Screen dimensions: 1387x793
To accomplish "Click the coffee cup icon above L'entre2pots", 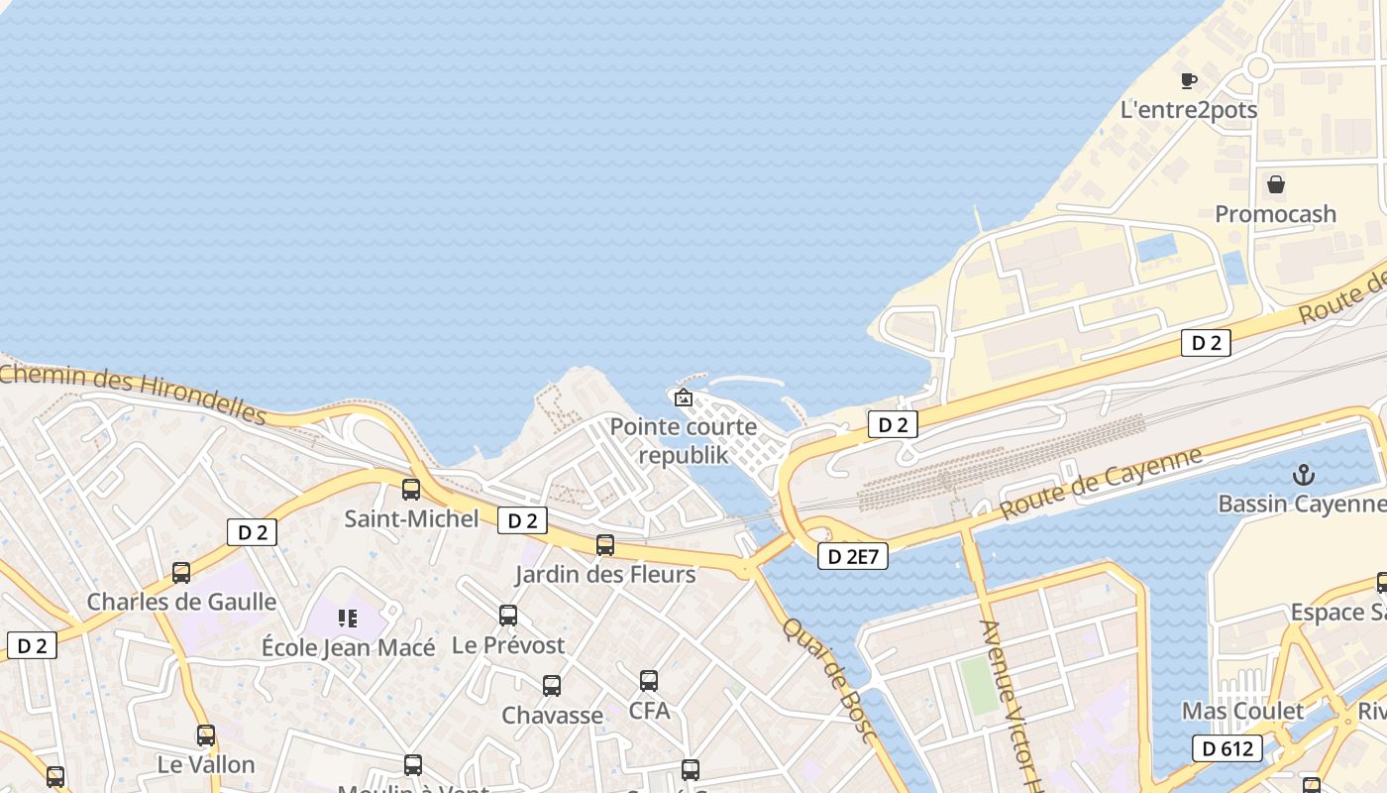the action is point(1189,80).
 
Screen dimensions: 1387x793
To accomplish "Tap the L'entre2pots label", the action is point(1188,110).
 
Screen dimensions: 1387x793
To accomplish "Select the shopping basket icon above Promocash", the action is point(1276,184).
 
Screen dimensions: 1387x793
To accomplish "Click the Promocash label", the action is point(1275,214).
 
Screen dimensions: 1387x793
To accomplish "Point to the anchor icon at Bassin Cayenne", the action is point(1305,475).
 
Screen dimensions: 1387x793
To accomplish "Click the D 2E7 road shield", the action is point(853,557).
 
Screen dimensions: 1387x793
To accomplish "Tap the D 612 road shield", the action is point(1227,748).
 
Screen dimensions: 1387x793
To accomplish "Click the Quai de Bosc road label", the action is point(829,679).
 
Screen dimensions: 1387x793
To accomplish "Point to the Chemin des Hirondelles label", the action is point(134,394).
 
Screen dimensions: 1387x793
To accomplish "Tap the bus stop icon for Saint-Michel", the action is point(411,489).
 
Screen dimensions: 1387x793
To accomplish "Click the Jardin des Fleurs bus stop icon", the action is point(605,544).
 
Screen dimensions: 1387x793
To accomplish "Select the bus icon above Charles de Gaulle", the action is point(181,572).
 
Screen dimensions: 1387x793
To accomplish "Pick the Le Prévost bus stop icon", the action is point(508,616).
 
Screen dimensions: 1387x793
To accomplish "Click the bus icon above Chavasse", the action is point(552,685).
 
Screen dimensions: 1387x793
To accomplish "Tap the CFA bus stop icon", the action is point(649,681).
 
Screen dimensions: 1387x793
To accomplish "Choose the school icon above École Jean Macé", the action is point(348,619).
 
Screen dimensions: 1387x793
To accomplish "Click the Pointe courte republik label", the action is point(684,441).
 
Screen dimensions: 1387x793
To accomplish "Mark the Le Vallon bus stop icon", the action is point(206,736).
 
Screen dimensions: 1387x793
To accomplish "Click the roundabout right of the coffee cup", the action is point(1258,67).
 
